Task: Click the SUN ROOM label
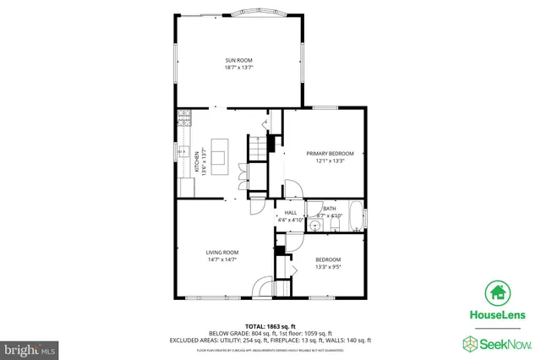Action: click(239, 60)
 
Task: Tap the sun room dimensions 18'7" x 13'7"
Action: click(239, 68)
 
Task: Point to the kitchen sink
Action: click(182, 152)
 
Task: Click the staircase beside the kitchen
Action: click(256, 151)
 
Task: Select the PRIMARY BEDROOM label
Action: click(330, 153)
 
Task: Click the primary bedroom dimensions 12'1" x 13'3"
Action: click(330, 161)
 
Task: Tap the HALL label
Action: click(290, 212)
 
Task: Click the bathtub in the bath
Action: click(354, 216)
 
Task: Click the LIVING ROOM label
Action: click(222, 252)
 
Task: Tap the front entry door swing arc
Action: click(265, 286)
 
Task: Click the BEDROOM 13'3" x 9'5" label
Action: click(328, 263)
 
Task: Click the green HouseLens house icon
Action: click(497, 293)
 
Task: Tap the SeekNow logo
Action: click(496, 342)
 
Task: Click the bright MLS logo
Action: click(30, 347)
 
